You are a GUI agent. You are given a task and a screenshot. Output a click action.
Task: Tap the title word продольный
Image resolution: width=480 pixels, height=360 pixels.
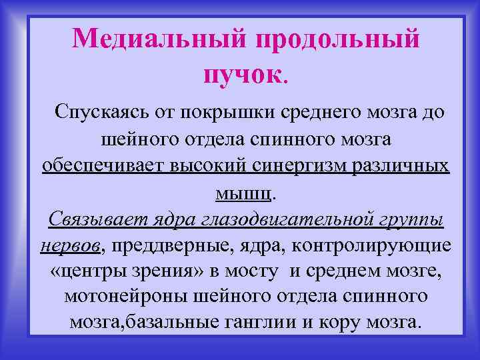pyautogui.click(x=337, y=38)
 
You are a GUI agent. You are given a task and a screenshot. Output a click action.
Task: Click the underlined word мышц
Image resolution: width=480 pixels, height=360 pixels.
pyautogui.click(x=243, y=193)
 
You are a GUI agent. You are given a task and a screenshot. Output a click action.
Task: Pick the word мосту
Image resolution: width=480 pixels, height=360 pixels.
pyautogui.click(x=260, y=271)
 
